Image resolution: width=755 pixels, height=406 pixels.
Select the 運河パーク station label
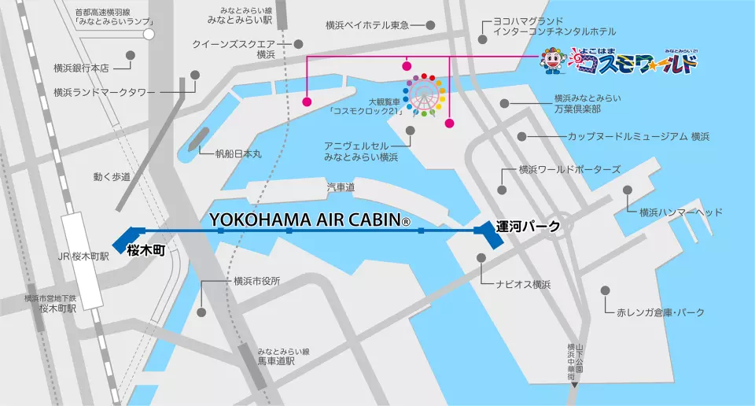coord(528,227)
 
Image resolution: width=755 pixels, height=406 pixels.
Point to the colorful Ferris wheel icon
coord(425,96)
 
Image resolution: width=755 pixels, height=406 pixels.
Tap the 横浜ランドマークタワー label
coord(105,92)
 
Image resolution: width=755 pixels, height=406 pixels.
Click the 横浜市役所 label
coord(256,281)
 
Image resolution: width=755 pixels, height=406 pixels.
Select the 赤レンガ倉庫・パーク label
coord(661,312)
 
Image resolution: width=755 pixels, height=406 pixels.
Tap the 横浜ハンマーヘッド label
coord(680,212)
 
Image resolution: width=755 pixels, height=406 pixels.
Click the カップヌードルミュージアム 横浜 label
coord(639,137)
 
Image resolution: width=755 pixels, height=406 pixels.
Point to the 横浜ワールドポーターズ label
coord(569,169)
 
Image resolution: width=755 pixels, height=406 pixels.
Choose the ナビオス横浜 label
coord(523,284)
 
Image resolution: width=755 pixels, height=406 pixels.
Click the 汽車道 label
coord(341,186)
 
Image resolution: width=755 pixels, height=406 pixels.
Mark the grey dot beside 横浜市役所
coord(202,312)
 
